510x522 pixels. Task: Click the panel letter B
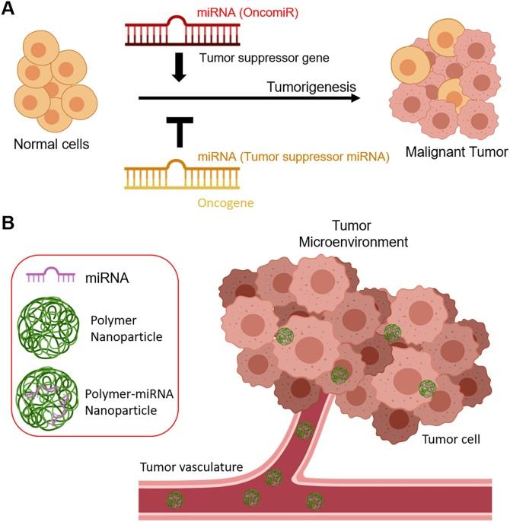[x=10, y=225]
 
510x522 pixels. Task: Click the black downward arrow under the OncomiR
[x=180, y=68]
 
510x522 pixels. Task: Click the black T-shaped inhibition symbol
[x=180, y=130]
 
